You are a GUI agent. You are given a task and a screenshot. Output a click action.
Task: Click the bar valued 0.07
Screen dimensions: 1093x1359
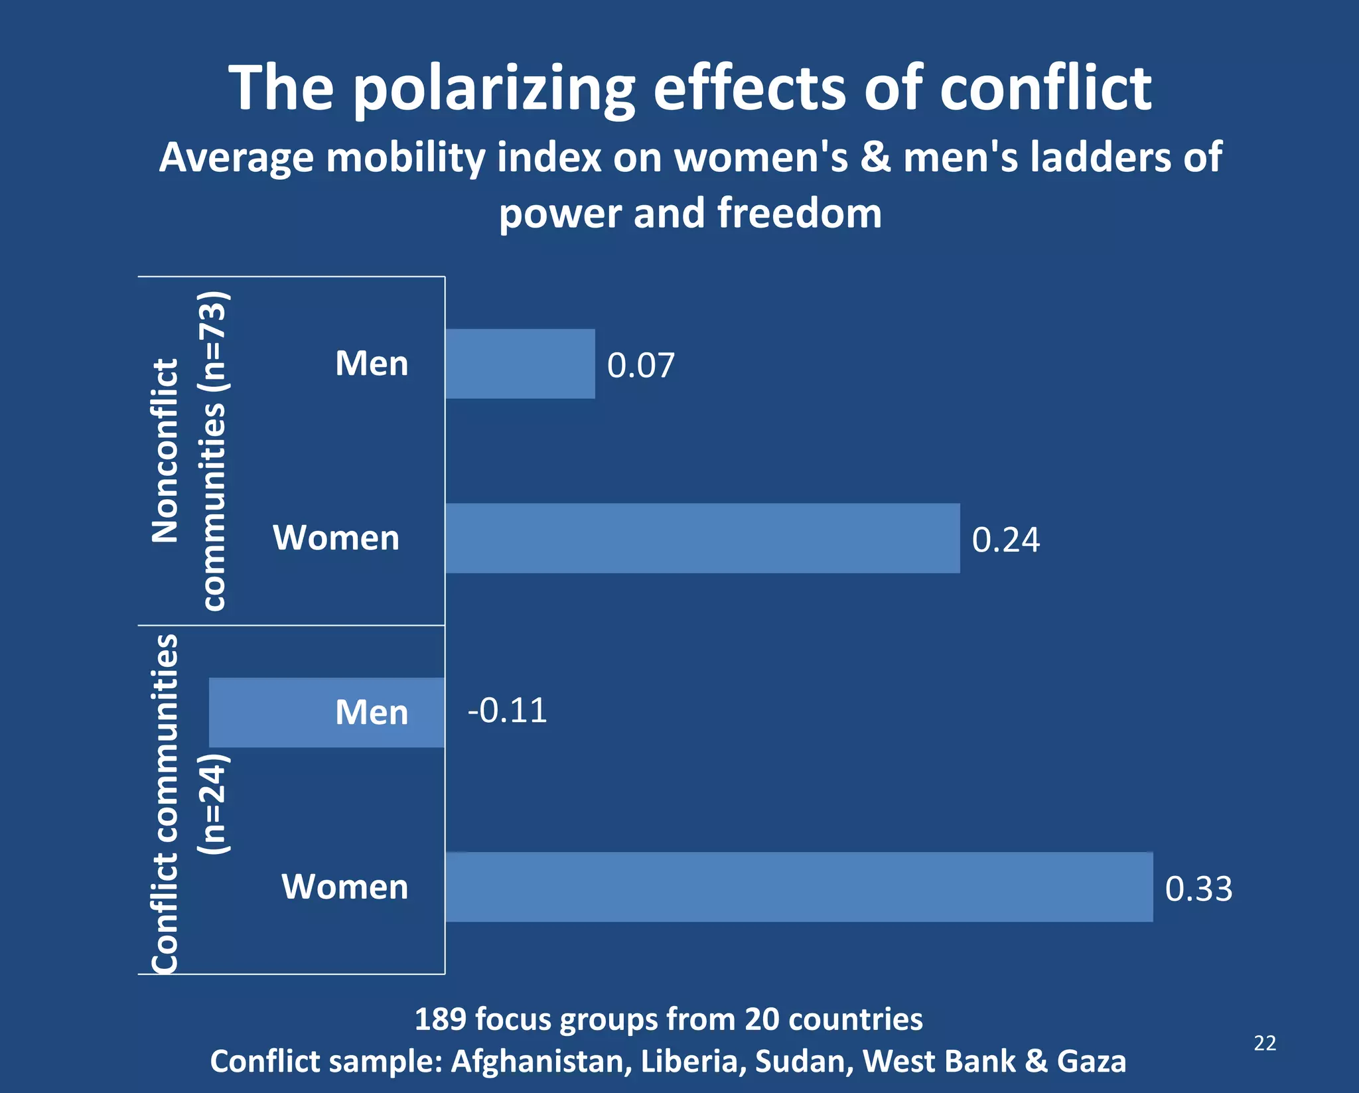click(520, 364)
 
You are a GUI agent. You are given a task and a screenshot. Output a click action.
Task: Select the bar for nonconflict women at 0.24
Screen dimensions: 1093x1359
click(702, 538)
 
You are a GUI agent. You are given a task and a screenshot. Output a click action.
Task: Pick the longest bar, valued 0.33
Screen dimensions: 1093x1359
click(798, 887)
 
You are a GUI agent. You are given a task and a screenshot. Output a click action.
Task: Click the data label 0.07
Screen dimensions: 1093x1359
click(640, 366)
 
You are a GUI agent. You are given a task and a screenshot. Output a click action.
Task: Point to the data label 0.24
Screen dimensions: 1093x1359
click(1005, 540)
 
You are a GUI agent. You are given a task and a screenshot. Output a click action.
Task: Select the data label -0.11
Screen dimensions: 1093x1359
click(508, 711)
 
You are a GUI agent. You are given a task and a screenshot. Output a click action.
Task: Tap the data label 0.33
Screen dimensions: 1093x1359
click(1198, 889)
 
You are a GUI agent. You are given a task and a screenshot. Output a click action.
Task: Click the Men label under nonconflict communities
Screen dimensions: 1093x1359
click(372, 364)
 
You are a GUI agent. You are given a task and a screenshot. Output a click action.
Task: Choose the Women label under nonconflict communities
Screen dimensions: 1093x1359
click(336, 538)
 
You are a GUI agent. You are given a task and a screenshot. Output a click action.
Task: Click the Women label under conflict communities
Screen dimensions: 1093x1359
click(345, 887)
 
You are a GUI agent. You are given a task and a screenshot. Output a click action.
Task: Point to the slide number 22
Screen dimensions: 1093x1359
click(1265, 1043)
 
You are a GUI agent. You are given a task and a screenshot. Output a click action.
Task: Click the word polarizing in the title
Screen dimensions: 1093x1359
click(494, 88)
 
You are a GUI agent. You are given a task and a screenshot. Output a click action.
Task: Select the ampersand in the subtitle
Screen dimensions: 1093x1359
click(875, 159)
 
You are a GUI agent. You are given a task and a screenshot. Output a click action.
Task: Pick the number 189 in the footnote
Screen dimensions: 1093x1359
click(439, 1019)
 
